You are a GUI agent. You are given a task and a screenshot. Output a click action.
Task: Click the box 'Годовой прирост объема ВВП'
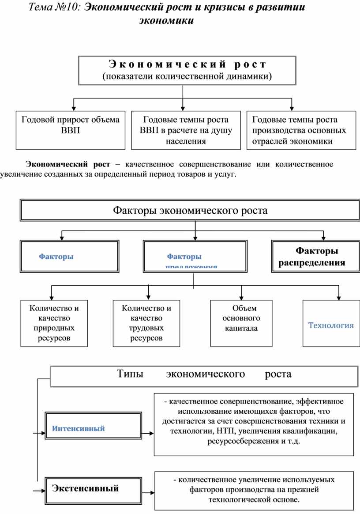click(71, 130)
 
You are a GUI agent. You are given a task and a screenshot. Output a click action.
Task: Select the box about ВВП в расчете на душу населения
click(186, 130)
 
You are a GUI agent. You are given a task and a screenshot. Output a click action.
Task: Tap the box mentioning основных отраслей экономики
click(301, 130)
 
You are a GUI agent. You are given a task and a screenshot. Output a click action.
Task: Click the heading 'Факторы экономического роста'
click(191, 211)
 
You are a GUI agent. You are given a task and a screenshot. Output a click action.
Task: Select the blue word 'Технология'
click(331, 325)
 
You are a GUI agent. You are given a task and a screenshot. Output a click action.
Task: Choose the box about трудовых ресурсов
click(146, 323)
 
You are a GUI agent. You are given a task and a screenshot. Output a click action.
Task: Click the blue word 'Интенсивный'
click(79, 428)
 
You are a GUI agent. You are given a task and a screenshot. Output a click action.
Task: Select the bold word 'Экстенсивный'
click(86, 488)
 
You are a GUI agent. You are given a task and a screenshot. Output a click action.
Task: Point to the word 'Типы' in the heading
click(130, 374)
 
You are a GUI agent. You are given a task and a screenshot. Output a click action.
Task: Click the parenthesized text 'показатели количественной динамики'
click(187, 76)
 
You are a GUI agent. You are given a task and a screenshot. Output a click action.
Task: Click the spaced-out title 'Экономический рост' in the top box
click(187, 64)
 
